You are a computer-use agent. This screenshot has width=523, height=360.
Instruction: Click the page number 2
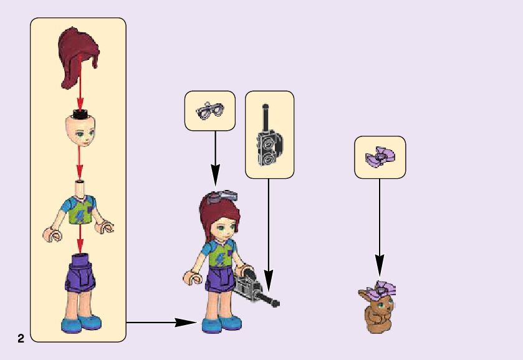[x=21, y=339]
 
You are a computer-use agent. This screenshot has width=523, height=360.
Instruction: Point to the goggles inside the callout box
[x=209, y=111]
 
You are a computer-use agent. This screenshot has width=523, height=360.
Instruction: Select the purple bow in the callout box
[x=380, y=158]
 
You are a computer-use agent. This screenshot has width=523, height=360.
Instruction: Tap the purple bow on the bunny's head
[x=381, y=289]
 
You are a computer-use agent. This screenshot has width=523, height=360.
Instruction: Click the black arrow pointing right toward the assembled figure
[x=162, y=323]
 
